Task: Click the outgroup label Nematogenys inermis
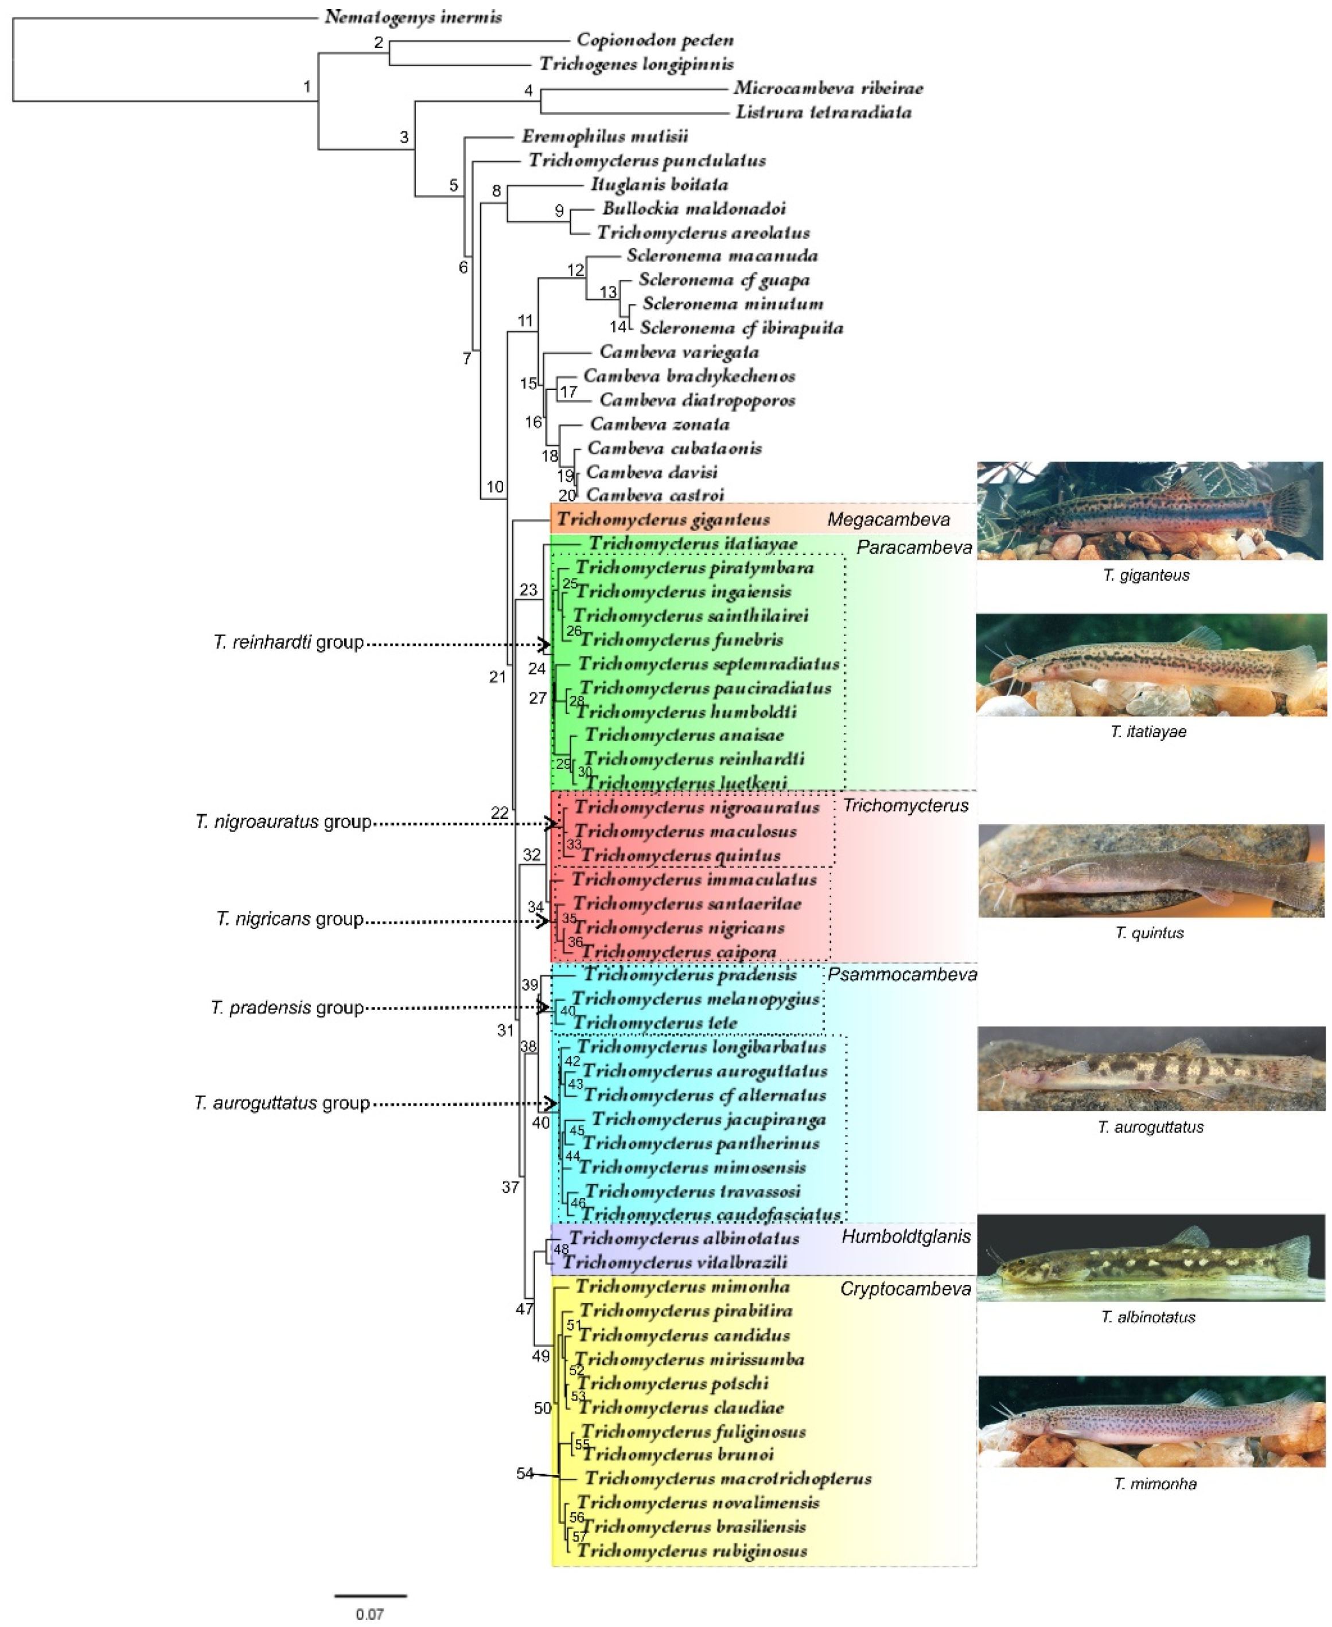[x=413, y=17]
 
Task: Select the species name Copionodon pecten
[x=655, y=40]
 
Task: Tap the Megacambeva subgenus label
[x=888, y=520]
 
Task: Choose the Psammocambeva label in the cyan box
[x=902, y=974]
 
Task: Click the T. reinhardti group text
[x=289, y=642]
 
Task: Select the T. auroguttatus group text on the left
[x=282, y=1103]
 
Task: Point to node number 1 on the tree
[x=307, y=87]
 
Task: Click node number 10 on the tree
[x=495, y=486]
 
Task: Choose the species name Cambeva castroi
[x=655, y=495]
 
